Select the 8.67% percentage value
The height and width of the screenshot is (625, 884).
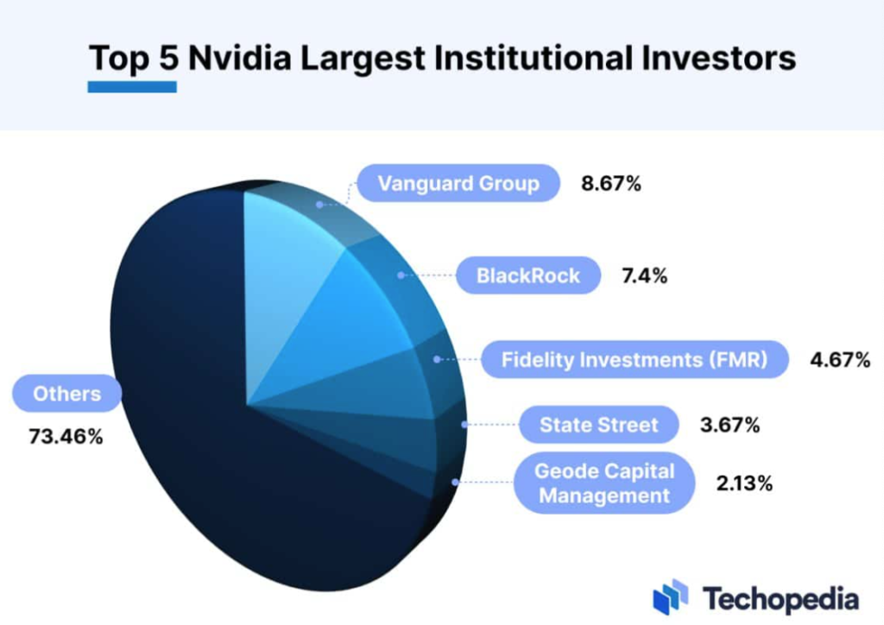611,183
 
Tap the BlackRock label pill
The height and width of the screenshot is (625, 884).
527,276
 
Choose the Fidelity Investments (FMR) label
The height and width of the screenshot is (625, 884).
634,359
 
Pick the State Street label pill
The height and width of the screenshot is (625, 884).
598,425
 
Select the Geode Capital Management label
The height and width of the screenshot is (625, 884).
603,483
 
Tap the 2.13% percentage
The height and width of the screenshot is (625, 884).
744,483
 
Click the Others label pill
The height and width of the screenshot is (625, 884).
66,395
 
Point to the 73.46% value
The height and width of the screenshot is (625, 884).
66,437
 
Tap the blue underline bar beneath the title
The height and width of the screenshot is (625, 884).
132,86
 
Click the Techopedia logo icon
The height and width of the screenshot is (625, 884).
671,597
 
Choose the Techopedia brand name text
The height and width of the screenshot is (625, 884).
780,597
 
